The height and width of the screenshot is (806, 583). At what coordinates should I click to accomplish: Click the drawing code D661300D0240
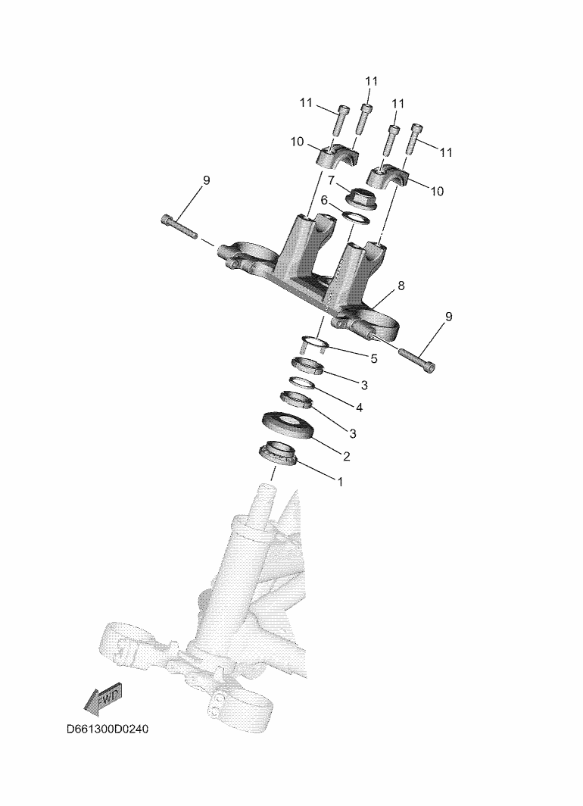pos(108,729)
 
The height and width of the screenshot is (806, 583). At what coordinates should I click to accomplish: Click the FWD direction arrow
pos(103,698)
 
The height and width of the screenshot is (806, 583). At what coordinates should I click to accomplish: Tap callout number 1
pos(339,482)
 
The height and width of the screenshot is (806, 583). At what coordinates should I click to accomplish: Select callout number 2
pos(346,456)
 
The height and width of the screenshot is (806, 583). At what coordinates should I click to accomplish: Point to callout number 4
pos(360,407)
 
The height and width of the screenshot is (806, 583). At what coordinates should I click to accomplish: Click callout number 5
pos(373,358)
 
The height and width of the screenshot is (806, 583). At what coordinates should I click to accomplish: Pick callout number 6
pos(324,199)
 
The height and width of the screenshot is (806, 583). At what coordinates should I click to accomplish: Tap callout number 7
pos(332,180)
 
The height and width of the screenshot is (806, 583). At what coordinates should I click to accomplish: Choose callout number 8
pos(401,286)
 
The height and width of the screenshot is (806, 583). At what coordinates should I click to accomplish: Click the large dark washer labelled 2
pos(288,426)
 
